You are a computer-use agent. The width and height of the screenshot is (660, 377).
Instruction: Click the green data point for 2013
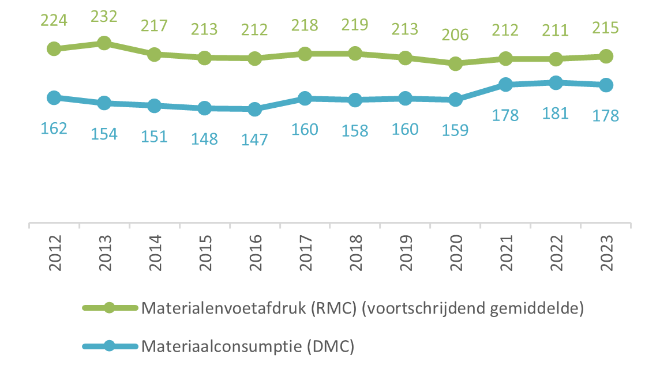tap(104, 43)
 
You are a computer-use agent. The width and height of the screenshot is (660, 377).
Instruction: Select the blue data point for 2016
tap(254, 109)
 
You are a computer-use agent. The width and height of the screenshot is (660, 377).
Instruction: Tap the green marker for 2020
tap(455, 63)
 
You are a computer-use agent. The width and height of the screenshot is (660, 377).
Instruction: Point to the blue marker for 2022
tap(556, 83)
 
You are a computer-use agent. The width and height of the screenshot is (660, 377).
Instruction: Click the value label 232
tap(104, 16)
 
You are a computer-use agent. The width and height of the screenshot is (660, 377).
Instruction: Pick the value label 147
tap(254, 140)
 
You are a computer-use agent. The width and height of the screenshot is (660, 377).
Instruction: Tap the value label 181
tap(556, 112)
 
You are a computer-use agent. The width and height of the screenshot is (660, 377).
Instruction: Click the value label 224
tap(54, 21)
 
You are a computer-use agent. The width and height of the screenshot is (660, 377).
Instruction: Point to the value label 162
tap(54, 128)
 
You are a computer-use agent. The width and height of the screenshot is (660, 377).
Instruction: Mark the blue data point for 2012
tap(54, 97)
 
